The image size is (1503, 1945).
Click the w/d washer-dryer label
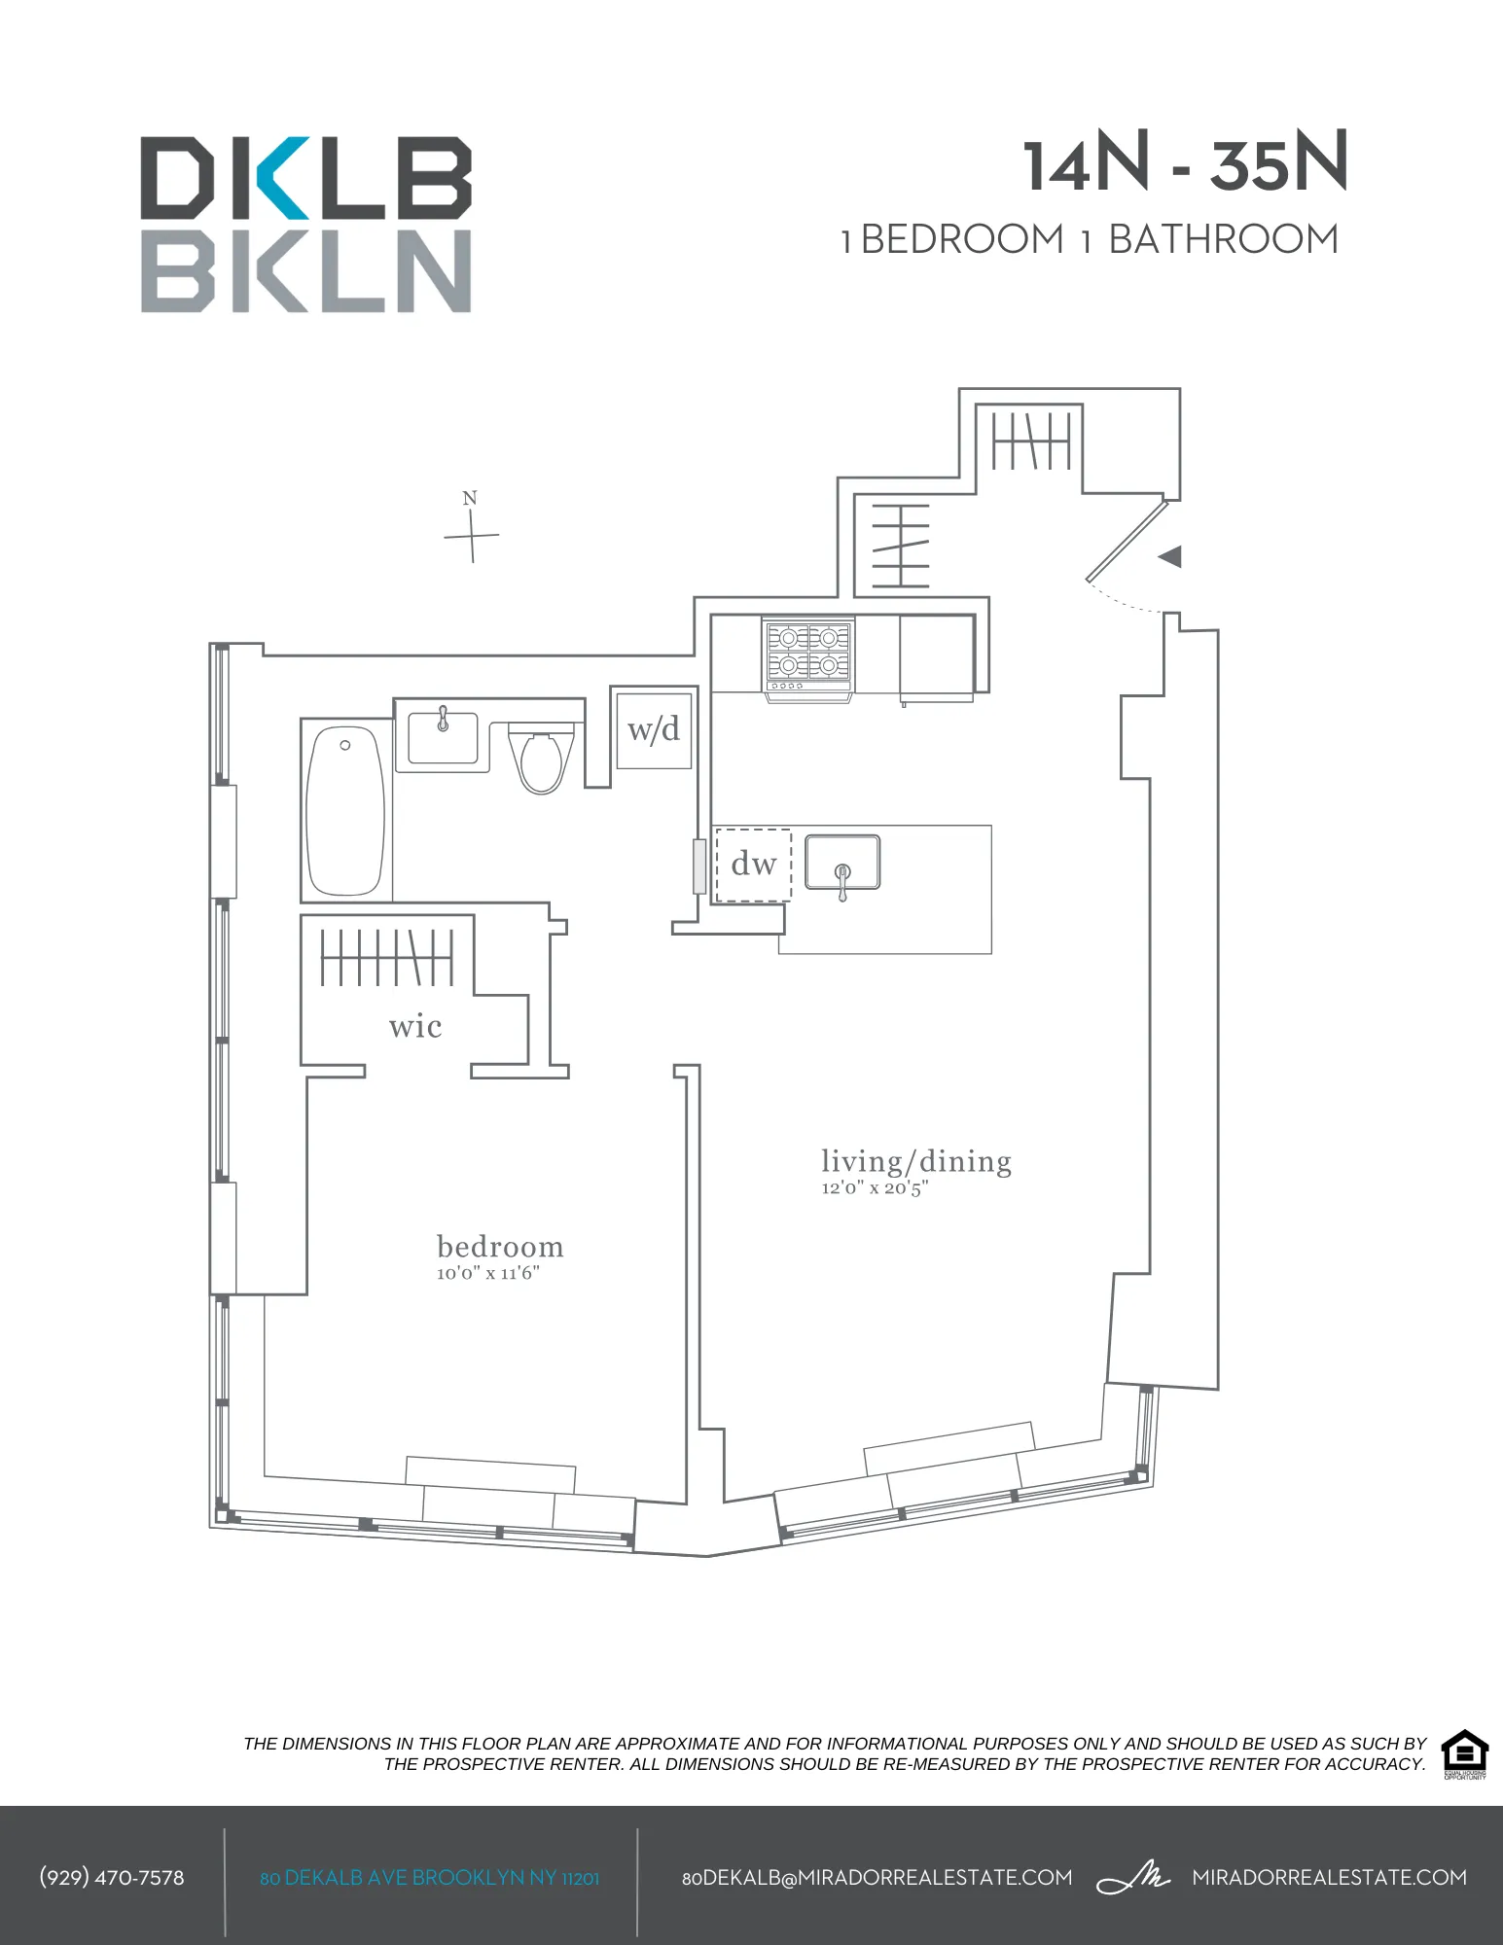pyautogui.click(x=654, y=729)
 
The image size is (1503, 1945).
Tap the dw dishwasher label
pyautogui.click(x=753, y=864)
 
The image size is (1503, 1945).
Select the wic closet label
pyautogui.click(x=415, y=1026)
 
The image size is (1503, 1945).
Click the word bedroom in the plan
pyautogui.click(x=500, y=1247)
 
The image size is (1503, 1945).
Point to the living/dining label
pyautogui.click(x=915, y=1161)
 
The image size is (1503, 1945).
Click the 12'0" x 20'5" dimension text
pyautogui.click(x=875, y=1187)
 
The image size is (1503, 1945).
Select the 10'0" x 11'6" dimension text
pyautogui.click(x=487, y=1273)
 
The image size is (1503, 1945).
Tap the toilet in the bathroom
pyautogui.click(x=542, y=760)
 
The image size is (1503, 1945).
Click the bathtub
pyautogui.click(x=345, y=809)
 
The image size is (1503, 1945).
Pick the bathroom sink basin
pyautogui.click(x=443, y=737)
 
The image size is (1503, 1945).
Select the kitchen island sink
pyautogui.click(x=842, y=862)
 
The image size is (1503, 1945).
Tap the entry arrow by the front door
pyautogui.click(x=1170, y=556)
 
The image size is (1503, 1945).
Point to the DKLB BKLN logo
pyautogui.click(x=306, y=225)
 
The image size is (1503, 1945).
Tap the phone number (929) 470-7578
pyautogui.click(x=112, y=1878)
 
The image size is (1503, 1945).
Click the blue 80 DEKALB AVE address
pyautogui.click(x=429, y=1878)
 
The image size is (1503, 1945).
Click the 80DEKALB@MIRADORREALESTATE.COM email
pyautogui.click(x=877, y=1878)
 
